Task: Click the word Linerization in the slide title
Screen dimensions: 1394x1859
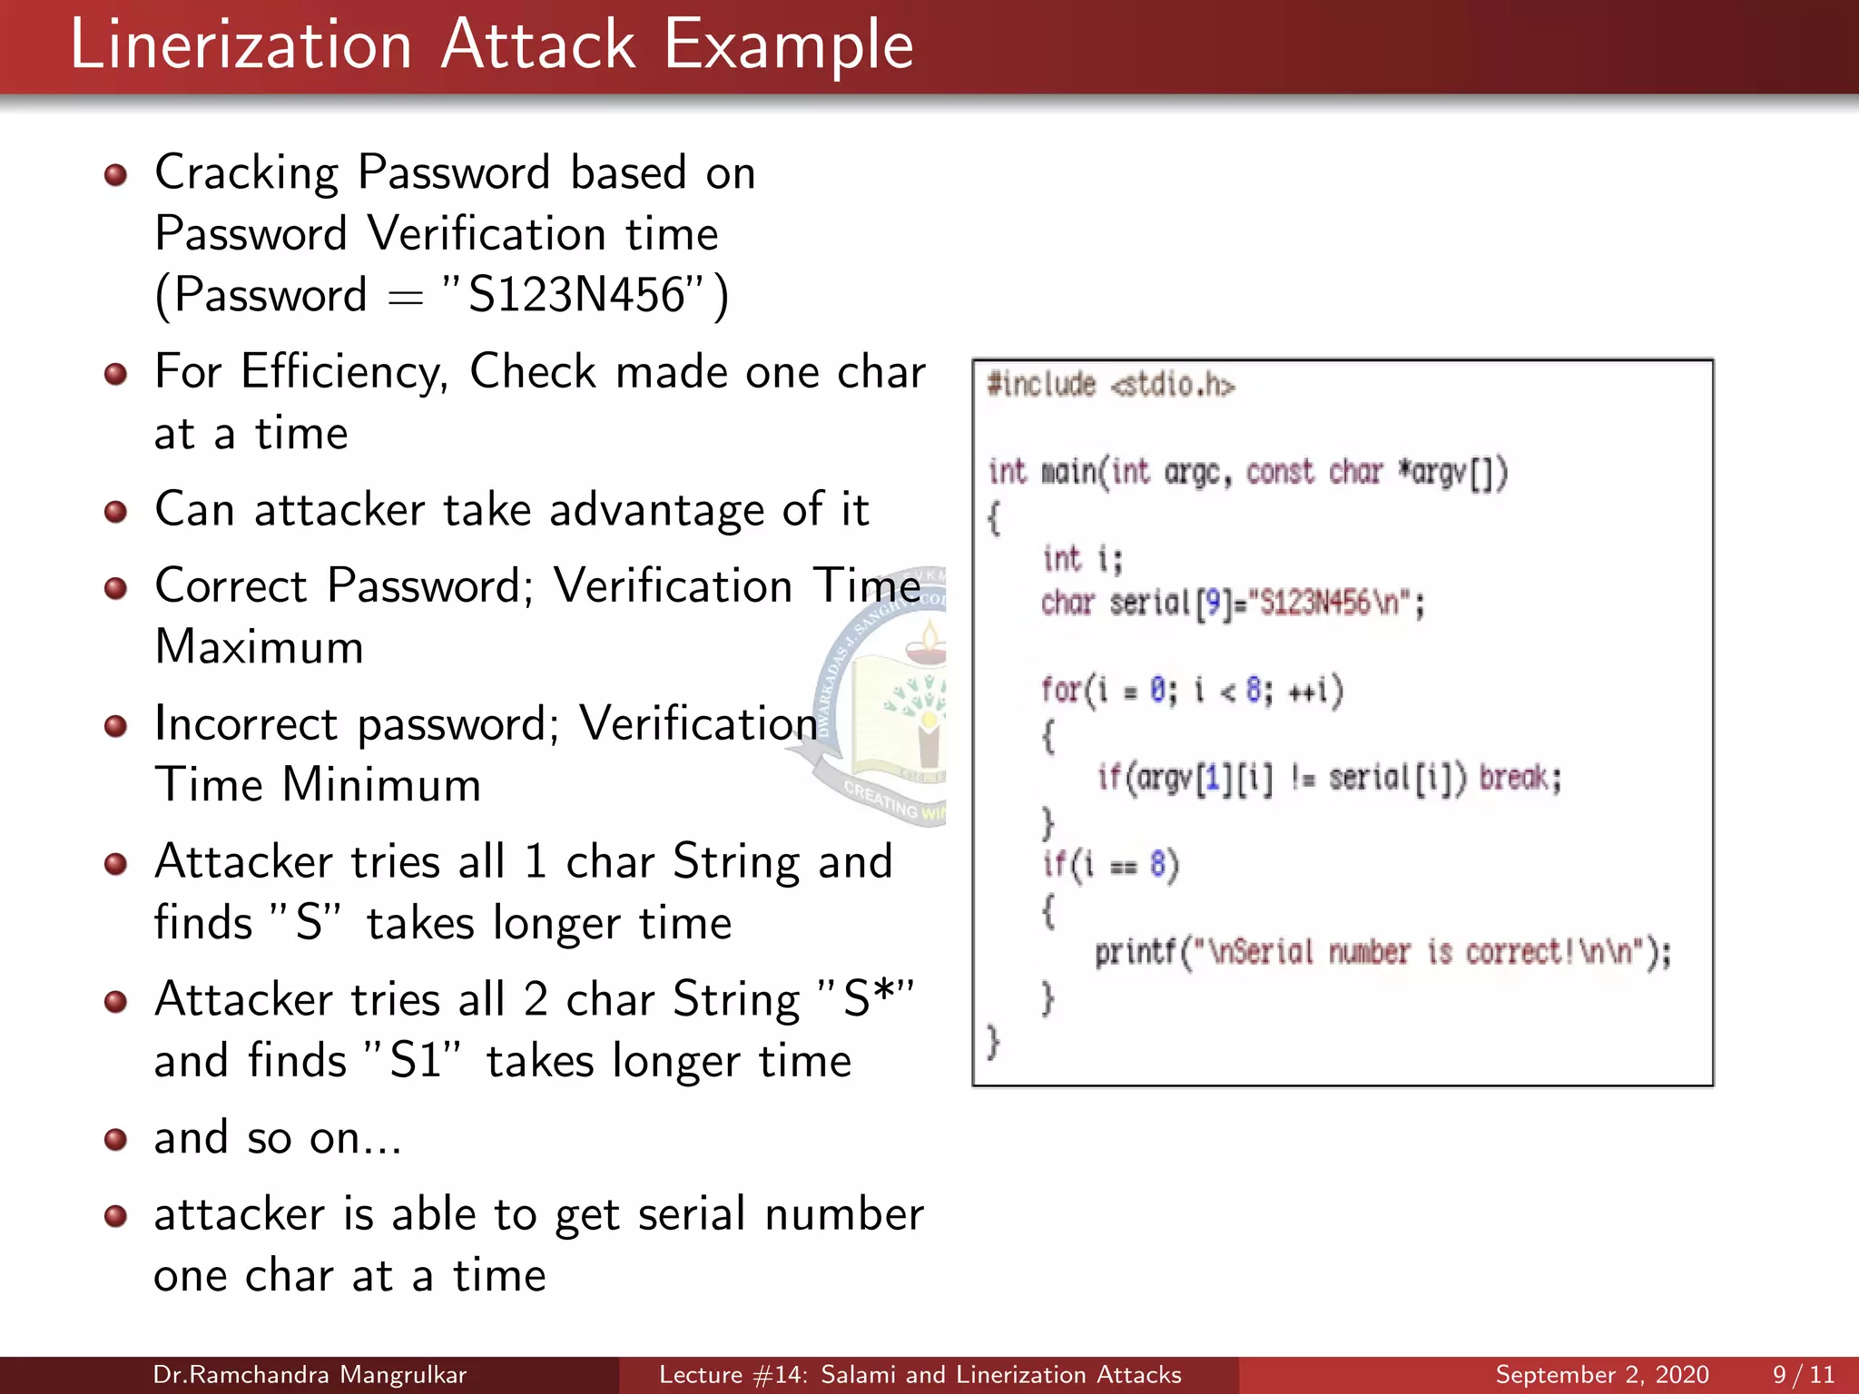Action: coord(241,45)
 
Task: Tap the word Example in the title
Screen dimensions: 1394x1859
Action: coord(788,45)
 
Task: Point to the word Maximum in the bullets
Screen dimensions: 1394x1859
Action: coord(260,648)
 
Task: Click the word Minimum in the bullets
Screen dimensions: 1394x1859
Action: coord(381,785)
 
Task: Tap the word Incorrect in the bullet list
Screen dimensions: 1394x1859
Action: coord(247,724)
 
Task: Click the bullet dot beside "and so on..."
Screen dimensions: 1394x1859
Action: coord(115,1139)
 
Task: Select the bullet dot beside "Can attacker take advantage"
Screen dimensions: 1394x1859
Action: coord(115,512)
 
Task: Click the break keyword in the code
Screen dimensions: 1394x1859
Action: coord(1520,778)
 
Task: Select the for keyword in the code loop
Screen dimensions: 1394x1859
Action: coord(1059,690)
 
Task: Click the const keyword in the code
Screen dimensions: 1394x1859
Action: coord(1280,472)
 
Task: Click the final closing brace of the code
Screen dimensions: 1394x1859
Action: coord(994,1041)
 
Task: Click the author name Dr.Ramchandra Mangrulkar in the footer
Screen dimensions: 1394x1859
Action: coord(310,1375)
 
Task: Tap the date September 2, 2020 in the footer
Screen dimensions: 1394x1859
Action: coord(1602,1375)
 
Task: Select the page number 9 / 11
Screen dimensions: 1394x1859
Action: coord(1803,1375)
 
